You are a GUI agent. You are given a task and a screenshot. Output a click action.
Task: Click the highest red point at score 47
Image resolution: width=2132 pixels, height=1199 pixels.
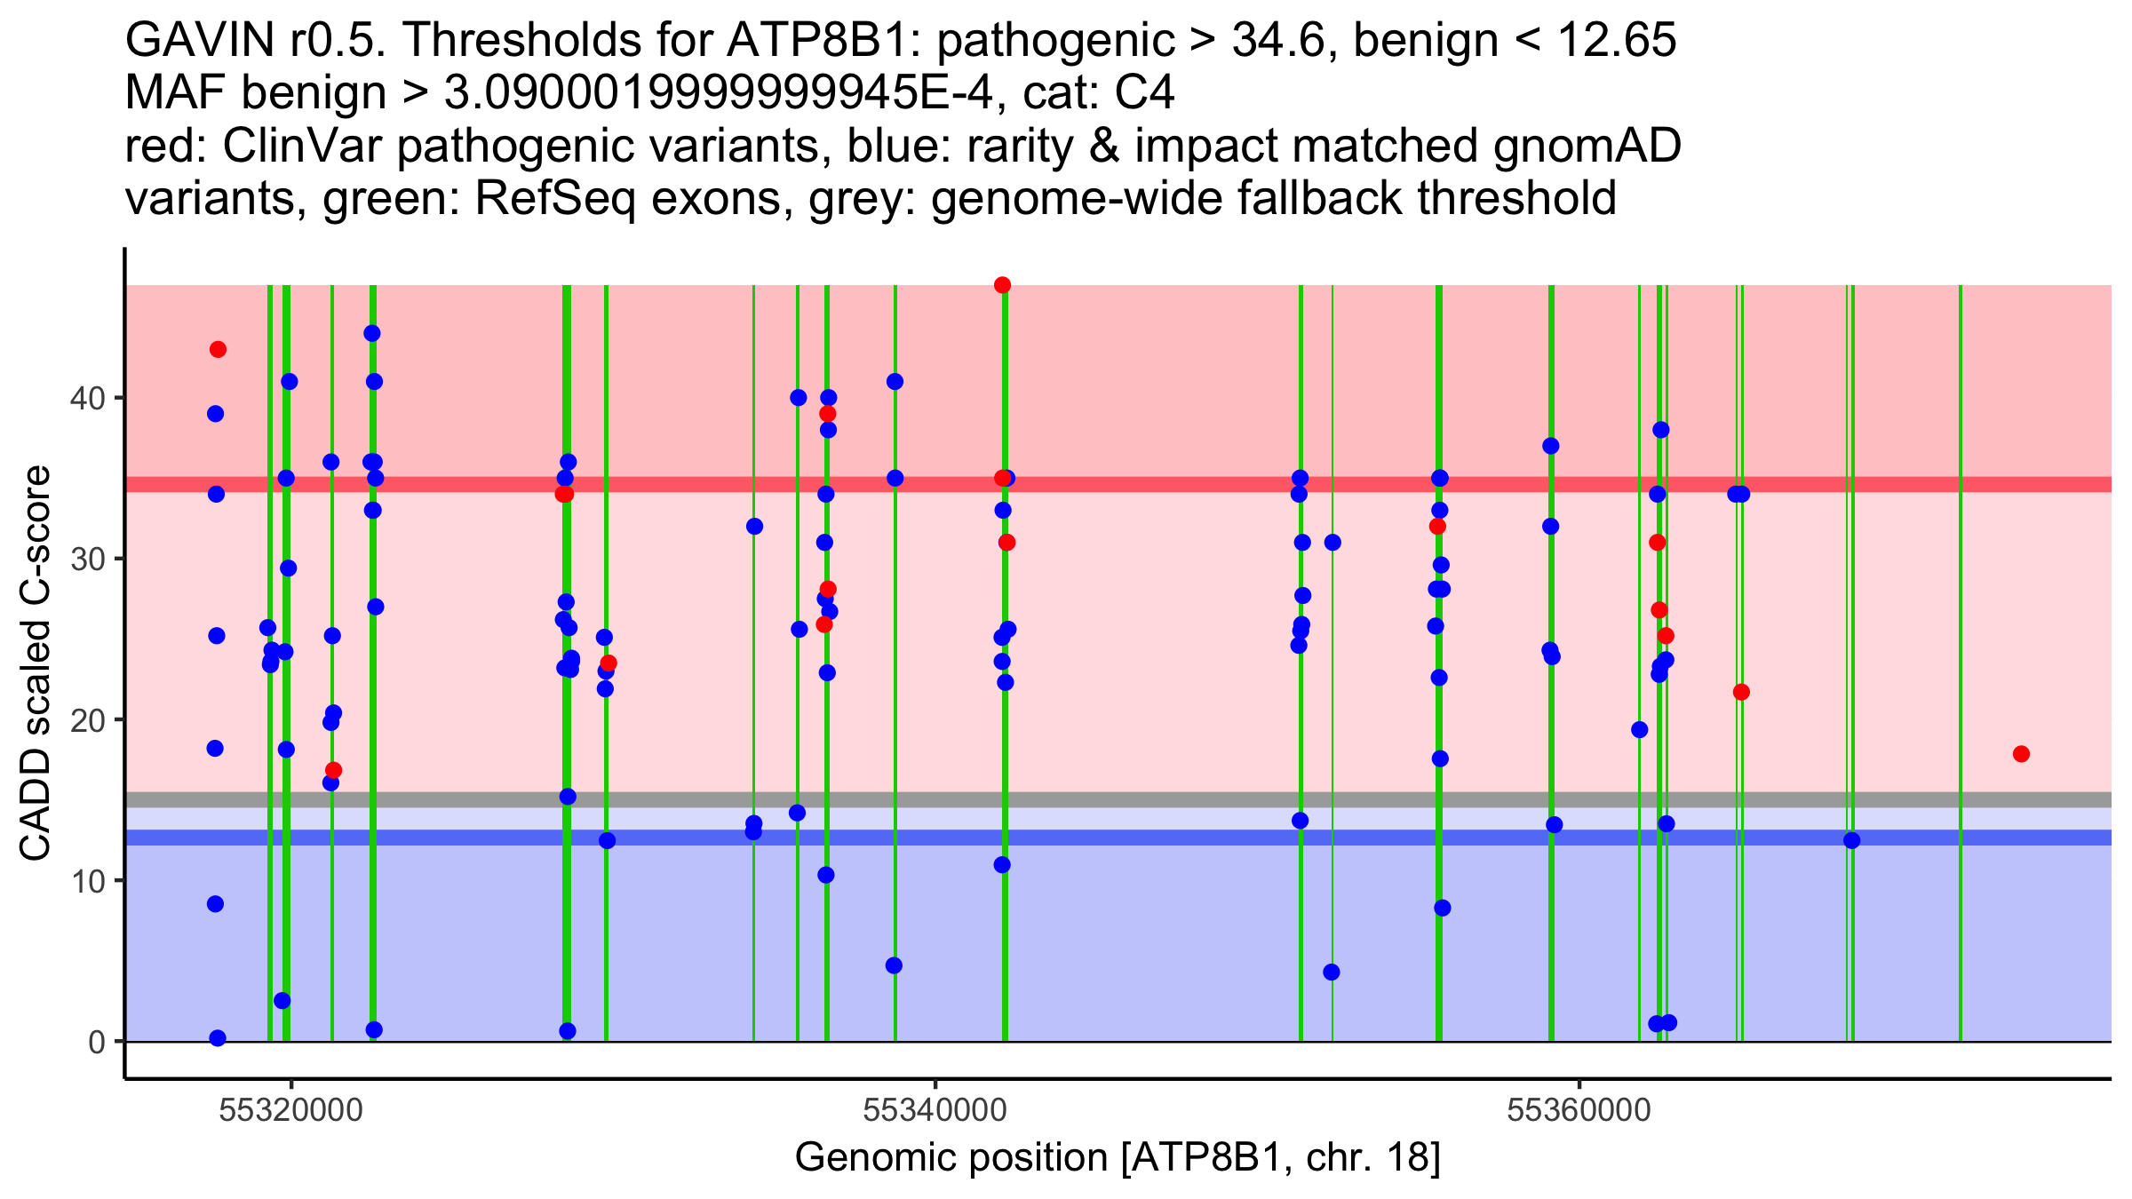(x=1002, y=285)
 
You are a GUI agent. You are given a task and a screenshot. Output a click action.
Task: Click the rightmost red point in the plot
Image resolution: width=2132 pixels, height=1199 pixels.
(x=2021, y=754)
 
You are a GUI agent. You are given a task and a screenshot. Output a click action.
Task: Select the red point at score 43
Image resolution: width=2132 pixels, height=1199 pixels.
(x=218, y=349)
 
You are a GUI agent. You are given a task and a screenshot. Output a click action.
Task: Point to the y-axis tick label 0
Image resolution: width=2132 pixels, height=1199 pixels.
(x=96, y=1042)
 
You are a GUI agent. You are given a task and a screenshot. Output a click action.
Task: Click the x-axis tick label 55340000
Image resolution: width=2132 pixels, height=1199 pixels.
(x=935, y=1110)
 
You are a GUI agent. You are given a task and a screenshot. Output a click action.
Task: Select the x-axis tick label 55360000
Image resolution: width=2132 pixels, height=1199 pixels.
(x=1579, y=1110)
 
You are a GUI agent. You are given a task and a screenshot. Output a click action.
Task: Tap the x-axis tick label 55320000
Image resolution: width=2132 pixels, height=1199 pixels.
(x=290, y=1110)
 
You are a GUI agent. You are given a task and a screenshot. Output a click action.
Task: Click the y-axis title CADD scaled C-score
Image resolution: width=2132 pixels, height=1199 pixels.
(x=36, y=663)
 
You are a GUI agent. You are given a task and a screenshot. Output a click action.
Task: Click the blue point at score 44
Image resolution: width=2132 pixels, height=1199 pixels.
(x=372, y=333)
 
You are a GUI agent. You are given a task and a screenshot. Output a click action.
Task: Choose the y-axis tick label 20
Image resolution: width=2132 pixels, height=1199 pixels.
(x=86, y=720)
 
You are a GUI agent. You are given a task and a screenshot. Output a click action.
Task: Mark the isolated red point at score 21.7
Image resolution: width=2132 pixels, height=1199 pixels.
(x=1741, y=692)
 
